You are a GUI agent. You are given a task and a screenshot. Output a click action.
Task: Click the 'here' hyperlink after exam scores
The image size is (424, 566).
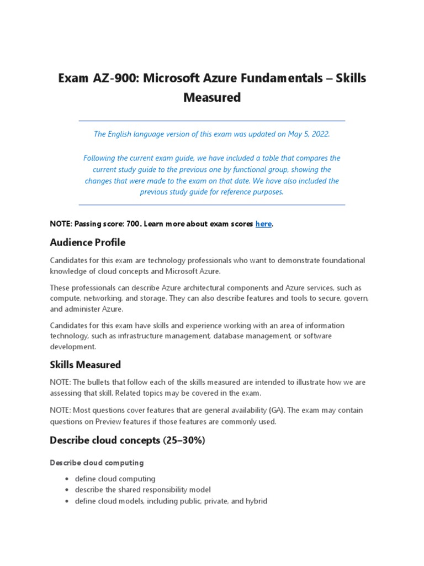263,224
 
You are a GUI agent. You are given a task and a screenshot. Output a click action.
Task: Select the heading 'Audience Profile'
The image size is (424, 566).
87,243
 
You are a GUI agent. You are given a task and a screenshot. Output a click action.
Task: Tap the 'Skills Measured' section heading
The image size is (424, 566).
85,365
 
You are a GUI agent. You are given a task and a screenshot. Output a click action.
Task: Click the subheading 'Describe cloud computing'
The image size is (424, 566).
97,463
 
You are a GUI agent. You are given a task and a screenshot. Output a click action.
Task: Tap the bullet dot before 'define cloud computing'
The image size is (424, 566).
66,479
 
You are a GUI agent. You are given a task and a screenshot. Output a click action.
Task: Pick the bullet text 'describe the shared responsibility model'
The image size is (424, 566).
142,490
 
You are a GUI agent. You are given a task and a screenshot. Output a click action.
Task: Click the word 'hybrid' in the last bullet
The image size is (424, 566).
256,501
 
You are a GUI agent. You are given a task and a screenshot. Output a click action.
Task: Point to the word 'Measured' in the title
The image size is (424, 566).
212,98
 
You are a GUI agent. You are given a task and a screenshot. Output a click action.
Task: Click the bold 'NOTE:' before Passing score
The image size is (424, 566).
61,224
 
